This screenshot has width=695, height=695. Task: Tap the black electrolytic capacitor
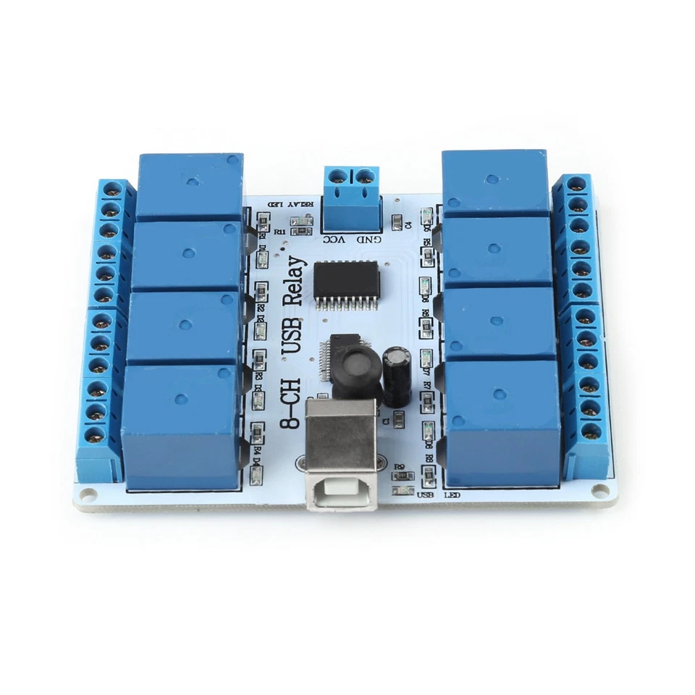point(397,374)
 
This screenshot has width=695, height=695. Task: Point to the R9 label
point(398,467)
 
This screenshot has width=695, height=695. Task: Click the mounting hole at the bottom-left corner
point(88,495)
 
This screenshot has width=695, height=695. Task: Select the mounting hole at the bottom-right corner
point(599,491)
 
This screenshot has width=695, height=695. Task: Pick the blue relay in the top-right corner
point(495,182)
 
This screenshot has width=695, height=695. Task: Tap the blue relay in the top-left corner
point(190,186)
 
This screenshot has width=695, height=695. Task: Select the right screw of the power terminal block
point(366,175)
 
